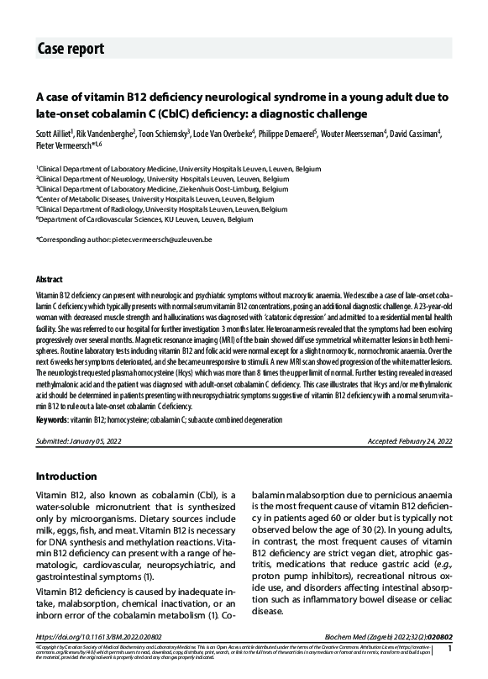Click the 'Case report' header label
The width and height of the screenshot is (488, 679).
point(71,48)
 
